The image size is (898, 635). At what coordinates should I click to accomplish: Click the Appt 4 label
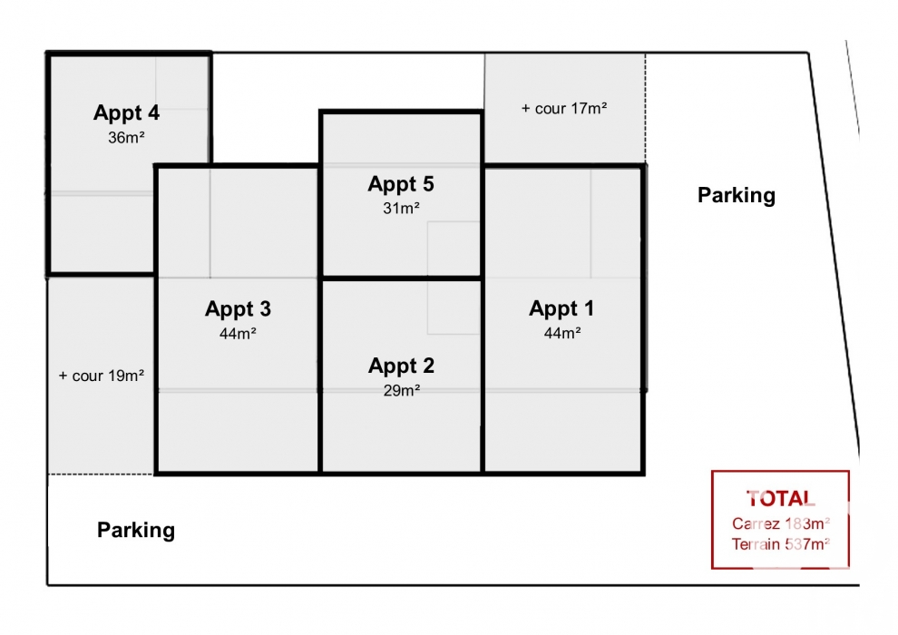[x=126, y=113]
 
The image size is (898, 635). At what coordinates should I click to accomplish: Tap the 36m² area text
[x=126, y=138]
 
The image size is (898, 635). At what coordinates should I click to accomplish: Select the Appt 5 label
[x=401, y=184]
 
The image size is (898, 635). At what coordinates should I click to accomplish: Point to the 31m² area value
[x=401, y=209]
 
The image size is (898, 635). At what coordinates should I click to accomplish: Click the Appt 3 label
[x=238, y=309]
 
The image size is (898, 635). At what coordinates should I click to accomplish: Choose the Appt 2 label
[x=401, y=366]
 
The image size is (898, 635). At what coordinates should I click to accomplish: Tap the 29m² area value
[x=402, y=390]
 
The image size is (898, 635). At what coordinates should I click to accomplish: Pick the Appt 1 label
[x=561, y=309]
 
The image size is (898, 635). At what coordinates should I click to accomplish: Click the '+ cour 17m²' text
[x=564, y=108]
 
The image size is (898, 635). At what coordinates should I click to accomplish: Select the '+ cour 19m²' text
[x=102, y=376]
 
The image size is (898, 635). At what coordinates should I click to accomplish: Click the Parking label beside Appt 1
[x=737, y=196]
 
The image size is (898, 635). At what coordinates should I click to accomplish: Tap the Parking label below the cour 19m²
[x=136, y=530]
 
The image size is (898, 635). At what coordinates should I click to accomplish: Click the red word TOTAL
[x=781, y=499]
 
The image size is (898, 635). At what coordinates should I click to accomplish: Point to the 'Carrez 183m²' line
[x=781, y=523]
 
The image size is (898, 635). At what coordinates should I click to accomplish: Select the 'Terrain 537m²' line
[x=781, y=544]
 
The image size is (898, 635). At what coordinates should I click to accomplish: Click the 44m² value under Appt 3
[x=238, y=333]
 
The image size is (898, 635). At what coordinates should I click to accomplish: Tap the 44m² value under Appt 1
[x=562, y=333]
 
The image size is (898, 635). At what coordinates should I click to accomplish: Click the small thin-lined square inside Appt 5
[x=454, y=249]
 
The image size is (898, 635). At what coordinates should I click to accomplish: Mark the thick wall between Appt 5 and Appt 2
[x=402, y=278]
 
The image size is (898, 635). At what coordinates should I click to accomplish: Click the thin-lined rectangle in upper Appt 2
[x=454, y=308]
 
